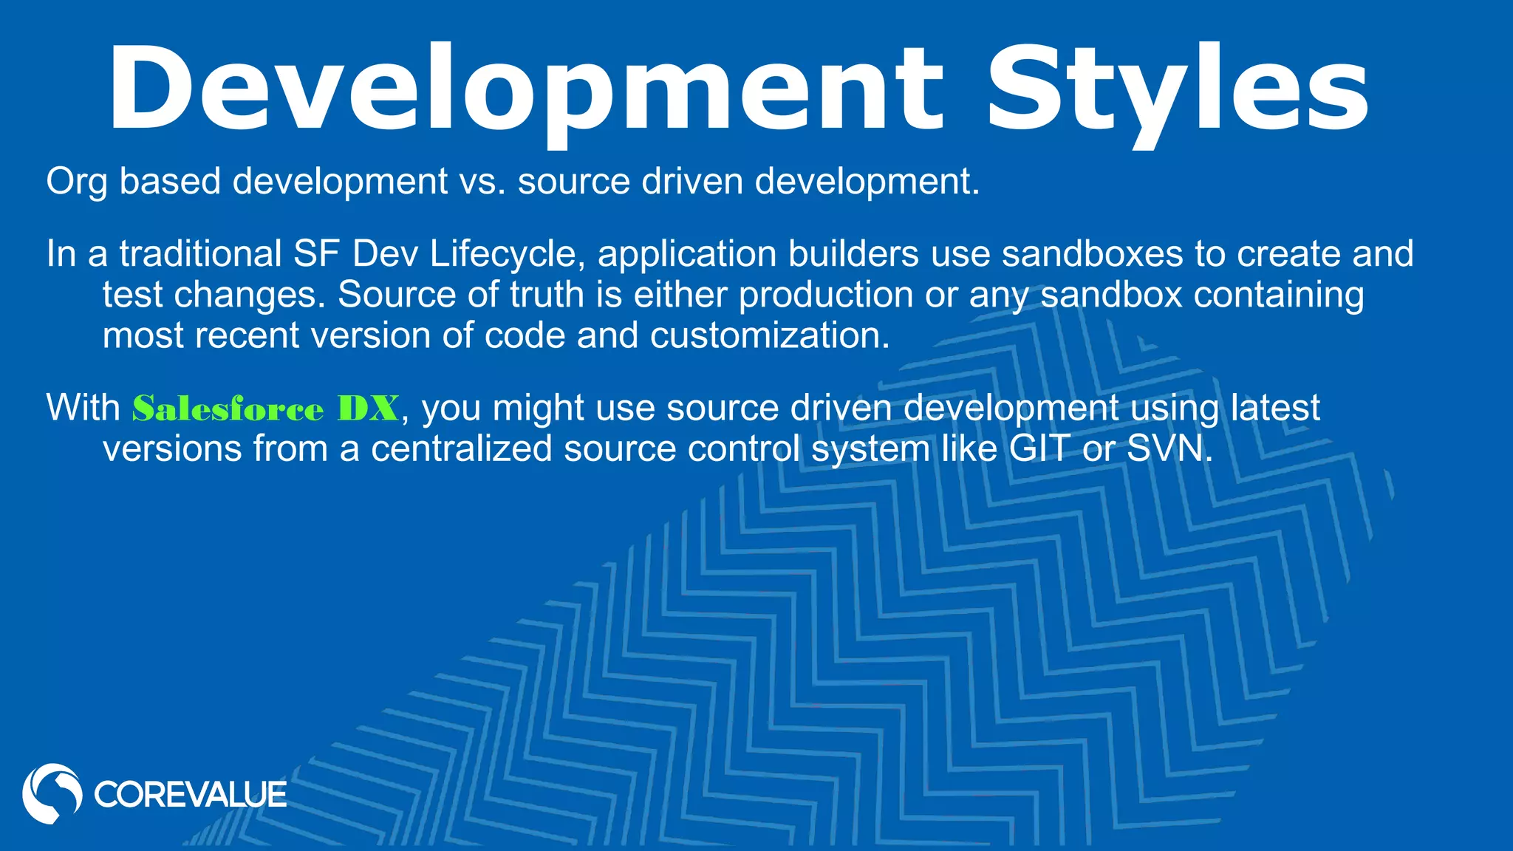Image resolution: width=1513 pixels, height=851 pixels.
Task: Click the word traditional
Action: pos(200,253)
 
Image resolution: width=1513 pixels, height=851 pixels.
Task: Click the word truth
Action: pos(547,294)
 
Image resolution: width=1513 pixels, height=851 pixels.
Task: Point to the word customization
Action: pos(769,335)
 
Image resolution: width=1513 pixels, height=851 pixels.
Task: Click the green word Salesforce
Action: pos(228,409)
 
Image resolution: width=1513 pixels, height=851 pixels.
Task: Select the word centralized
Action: pos(461,448)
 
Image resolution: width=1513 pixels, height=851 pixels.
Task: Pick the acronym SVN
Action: pos(1167,448)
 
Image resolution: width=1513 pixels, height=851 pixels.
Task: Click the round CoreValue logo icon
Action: pos(52,793)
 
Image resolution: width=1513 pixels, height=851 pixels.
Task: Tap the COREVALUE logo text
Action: pos(190,795)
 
